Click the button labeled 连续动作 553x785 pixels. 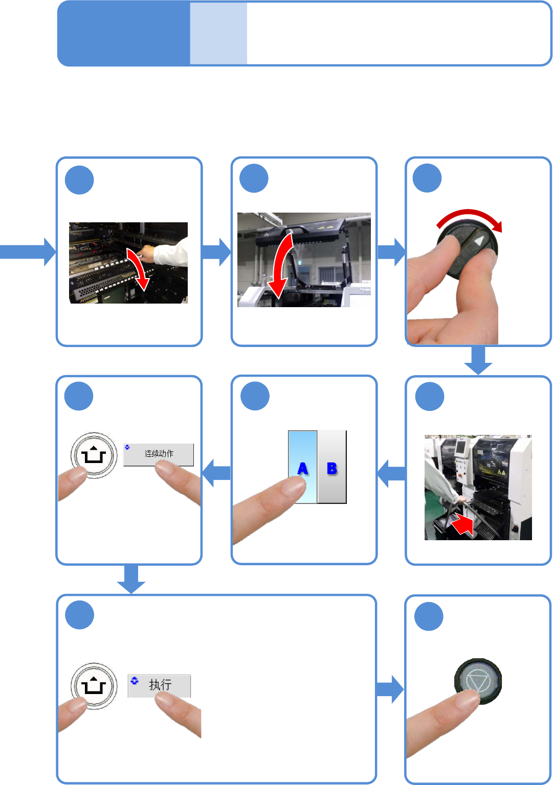click(x=159, y=454)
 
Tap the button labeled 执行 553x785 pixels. click(x=159, y=685)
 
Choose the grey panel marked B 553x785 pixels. click(x=332, y=467)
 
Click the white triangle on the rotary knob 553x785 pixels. click(x=479, y=240)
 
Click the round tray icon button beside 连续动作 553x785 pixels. click(x=94, y=455)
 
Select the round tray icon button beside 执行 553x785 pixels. click(x=94, y=686)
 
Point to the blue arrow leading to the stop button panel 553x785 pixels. click(x=390, y=689)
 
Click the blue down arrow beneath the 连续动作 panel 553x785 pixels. click(x=131, y=579)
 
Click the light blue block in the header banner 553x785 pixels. click(x=218, y=34)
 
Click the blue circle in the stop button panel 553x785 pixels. click(x=429, y=616)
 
